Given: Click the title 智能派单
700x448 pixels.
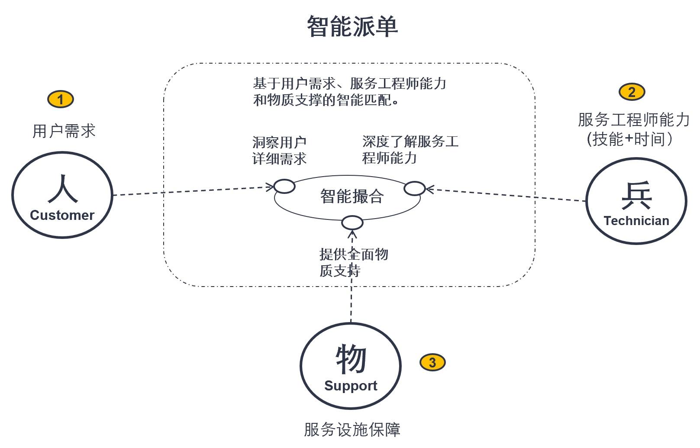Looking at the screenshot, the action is (x=352, y=27).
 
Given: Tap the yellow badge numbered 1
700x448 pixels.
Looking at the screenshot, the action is (x=60, y=99).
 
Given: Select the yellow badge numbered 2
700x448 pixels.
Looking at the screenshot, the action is (x=632, y=92).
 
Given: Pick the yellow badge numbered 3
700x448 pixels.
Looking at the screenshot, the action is (x=432, y=362).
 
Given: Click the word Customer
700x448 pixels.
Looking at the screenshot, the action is (x=62, y=215).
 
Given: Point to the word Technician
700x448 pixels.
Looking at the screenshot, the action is (x=636, y=221).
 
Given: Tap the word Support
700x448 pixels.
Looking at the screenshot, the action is (x=350, y=386).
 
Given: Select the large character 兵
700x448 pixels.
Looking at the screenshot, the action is (x=636, y=196).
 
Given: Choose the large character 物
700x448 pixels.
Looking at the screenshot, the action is (x=351, y=359).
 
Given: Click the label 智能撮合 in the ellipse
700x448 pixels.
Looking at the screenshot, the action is (x=352, y=197).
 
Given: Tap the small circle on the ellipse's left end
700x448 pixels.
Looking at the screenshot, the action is (x=284, y=187).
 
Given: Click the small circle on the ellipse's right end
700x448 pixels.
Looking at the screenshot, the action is (x=414, y=188).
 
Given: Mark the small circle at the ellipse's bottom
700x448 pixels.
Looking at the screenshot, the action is (x=352, y=223).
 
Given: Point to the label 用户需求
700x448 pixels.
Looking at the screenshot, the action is (x=64, y=131).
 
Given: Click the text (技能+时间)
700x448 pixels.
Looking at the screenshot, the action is (x=629, y=139).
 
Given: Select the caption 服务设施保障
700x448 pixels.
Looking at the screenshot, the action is (x=352, y=429).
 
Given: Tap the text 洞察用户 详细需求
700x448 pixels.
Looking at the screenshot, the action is (x=280, y=150).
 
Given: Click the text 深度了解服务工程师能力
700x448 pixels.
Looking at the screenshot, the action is (x=410, y=150).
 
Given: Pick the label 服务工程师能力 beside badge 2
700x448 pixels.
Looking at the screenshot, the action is (x=633, y=119).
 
